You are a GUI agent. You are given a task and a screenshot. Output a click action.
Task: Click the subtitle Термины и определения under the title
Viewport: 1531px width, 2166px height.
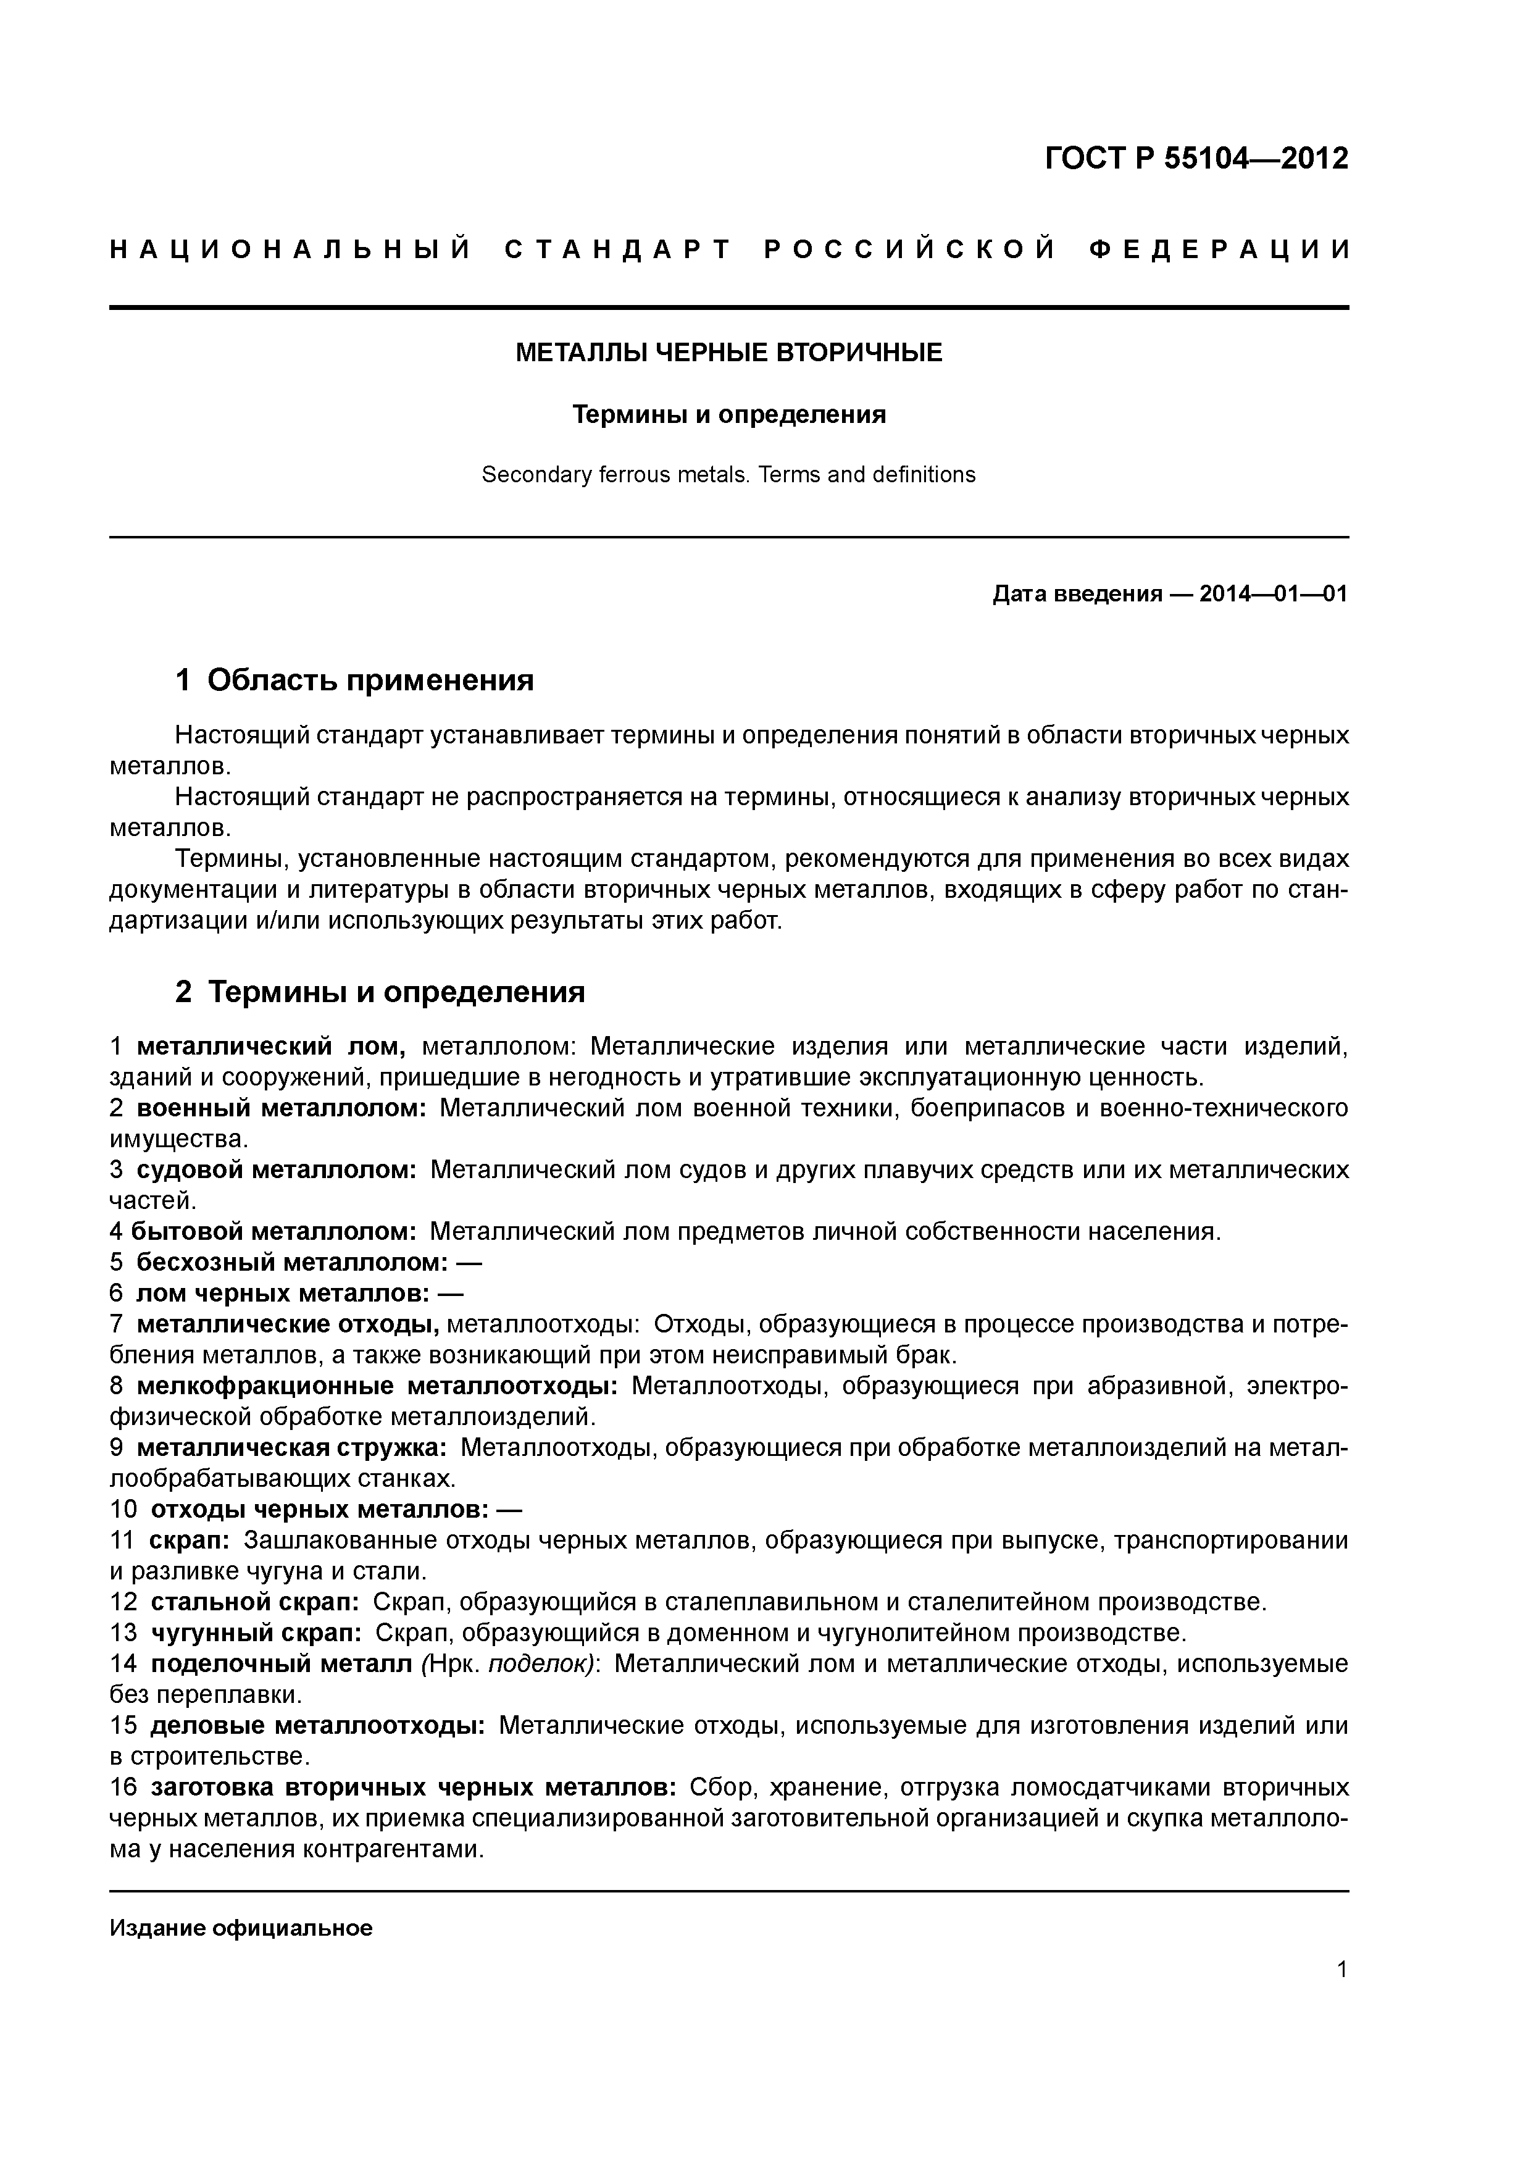(729, 415)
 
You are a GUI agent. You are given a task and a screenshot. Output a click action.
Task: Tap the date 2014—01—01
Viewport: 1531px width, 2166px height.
(1274, 595)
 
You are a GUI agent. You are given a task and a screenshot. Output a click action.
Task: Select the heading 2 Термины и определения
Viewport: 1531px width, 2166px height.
(380, 992)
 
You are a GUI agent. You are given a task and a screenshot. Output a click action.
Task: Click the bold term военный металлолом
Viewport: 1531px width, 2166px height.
(281, 1108)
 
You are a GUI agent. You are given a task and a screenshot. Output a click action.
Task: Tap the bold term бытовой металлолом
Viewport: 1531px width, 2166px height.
(273, 1231)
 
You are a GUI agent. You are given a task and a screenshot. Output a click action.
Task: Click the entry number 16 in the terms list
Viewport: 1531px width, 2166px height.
(123, 1788)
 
